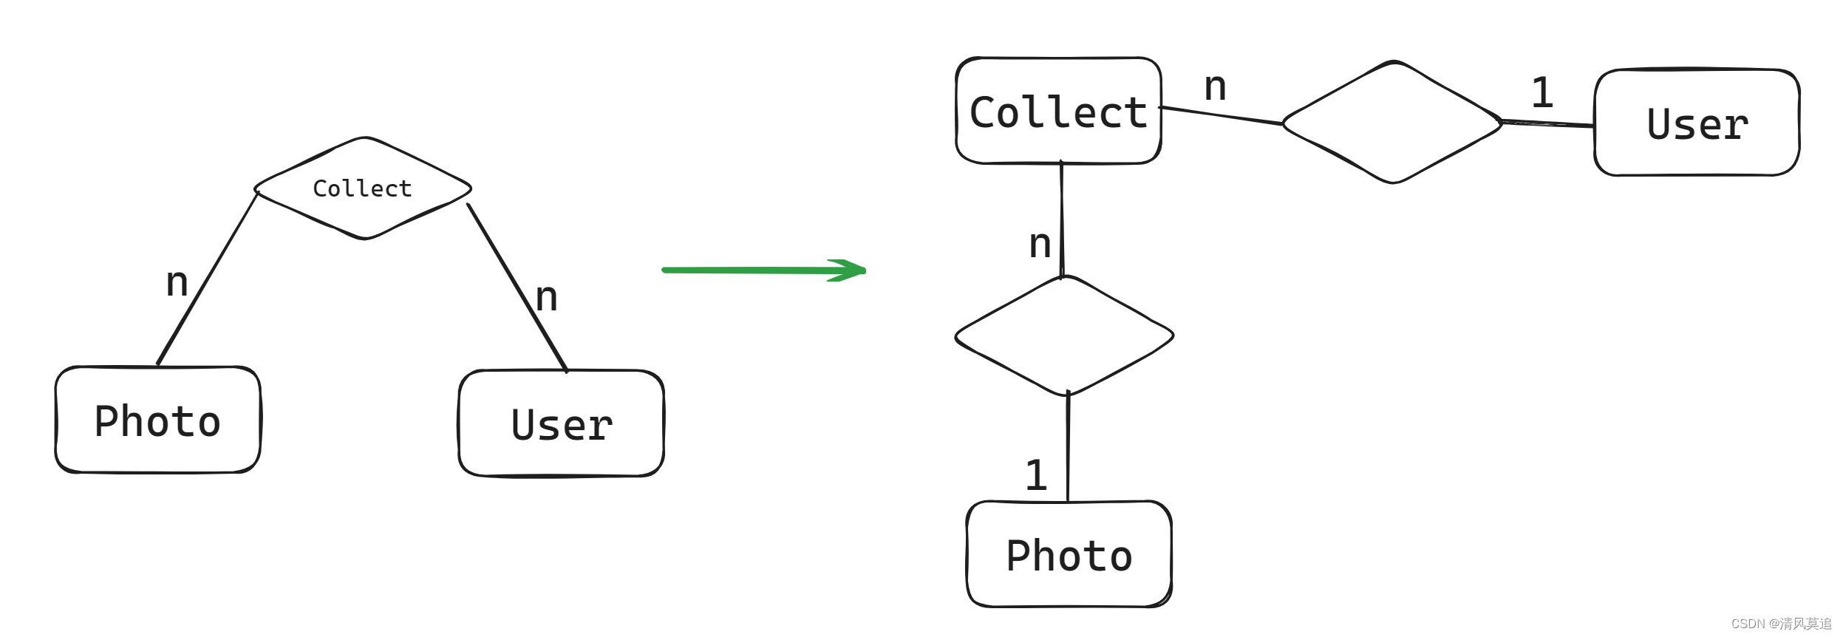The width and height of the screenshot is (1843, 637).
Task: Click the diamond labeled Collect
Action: [x=362, y=188]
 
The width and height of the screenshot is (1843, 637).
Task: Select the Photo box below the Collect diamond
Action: [x=157, y=420]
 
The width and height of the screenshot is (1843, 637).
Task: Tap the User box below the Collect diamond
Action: [x=562, y=424]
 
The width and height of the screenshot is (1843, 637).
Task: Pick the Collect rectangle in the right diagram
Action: [x=1058, y=112]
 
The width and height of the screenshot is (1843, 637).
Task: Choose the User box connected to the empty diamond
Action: [x=1697, y=123]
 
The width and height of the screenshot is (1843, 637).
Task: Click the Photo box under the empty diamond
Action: [x=1069, y=555]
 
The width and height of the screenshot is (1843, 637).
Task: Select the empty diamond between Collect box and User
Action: [x=1392, y=123]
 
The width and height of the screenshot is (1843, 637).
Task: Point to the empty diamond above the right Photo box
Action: [x=1064, y=336]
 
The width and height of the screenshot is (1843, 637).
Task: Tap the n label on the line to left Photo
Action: [x=177, y=282]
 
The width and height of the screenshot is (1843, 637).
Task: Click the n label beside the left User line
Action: [x=546, y=297]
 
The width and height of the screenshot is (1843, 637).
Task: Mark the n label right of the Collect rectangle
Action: [x=1215, y=87]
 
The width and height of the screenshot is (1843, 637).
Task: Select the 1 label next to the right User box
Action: [x=1541, y=93]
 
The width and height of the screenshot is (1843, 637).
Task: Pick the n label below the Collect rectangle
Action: [x=1040, y=244]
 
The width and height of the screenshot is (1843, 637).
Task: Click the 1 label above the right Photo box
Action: [x=1036, y=475]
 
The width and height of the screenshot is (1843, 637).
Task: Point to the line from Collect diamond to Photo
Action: [x=207, y=279]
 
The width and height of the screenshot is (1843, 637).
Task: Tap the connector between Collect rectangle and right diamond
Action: [x=1221, y=116]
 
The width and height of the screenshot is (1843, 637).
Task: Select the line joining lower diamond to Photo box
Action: [x=1068, y=448]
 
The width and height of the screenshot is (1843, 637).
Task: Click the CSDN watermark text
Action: [x=1781, y=624]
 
